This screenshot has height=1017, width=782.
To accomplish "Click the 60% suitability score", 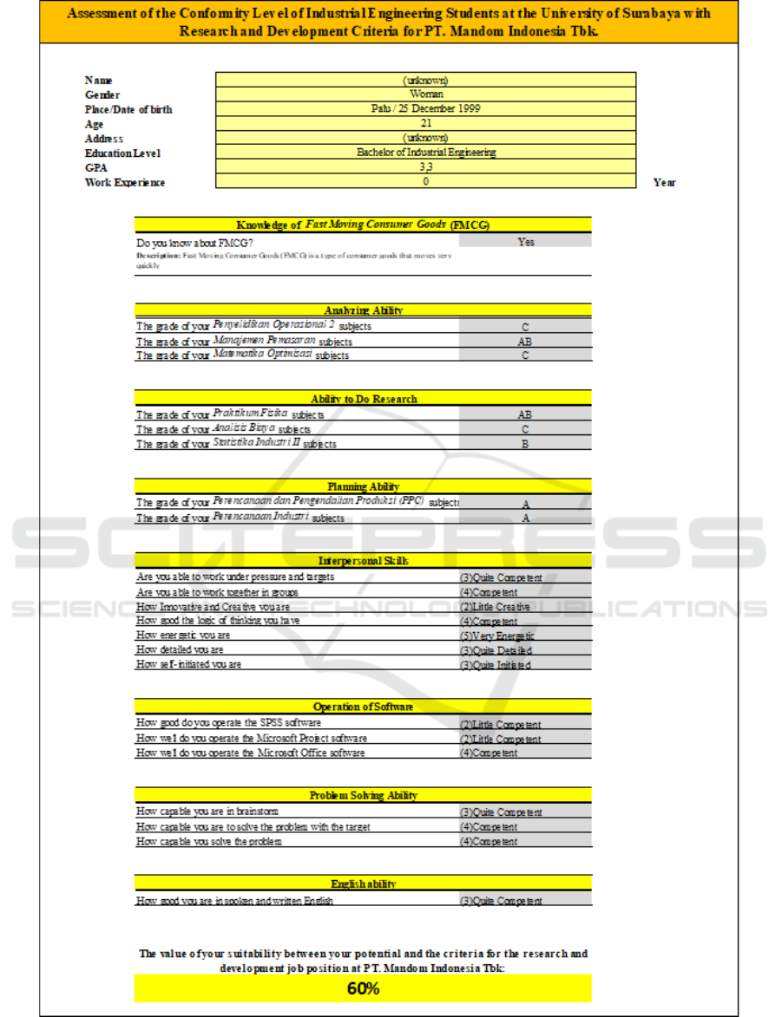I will (363, 989).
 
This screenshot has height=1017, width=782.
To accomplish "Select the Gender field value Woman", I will (425, 94).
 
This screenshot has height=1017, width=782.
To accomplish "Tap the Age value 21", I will (425, 123).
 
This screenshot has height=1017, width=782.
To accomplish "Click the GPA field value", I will (425, 167).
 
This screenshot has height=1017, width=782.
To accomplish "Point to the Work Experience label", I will (125, 182).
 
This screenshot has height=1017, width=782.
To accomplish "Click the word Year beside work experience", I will (665, 182).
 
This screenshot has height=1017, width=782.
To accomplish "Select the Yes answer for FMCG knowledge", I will (525, 242).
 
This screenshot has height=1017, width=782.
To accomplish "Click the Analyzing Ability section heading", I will (363, 310).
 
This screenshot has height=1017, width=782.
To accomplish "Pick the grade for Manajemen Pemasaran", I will (525, 342).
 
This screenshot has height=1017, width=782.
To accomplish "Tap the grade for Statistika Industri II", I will (525, 444).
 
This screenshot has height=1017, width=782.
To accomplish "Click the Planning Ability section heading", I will (363, 486).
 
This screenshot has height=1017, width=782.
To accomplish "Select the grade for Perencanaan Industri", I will (525, 518).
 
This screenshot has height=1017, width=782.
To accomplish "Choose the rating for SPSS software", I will (500, 725).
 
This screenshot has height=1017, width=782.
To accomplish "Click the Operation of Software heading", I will (363, 707).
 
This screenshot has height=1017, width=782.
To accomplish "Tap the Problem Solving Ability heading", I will (363, 795).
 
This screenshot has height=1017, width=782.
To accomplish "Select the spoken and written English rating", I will (500, 902).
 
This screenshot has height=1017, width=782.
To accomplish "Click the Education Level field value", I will (425, 153).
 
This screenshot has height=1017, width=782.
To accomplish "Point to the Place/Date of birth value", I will (425, 108).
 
